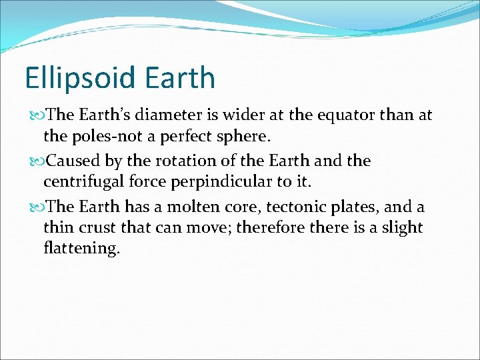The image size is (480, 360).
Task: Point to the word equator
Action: coord(347,115)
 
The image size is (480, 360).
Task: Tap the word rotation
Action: coord(183,161)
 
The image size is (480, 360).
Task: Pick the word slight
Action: coord(399,227)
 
